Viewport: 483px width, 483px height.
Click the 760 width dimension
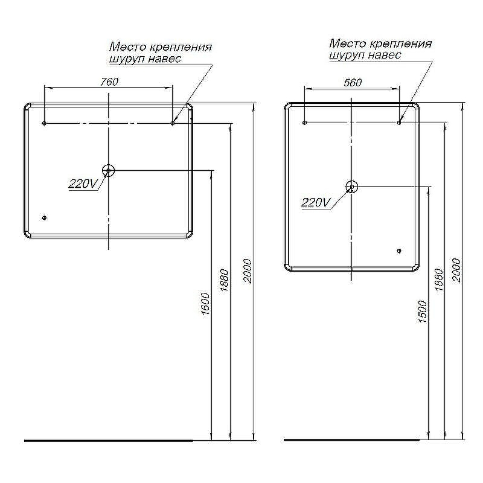(x=109, y=82)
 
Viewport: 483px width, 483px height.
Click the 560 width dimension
(x=353, y=83)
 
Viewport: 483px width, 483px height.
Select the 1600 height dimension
(x=205, y=304)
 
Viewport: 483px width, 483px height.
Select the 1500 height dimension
(x=423, y=312)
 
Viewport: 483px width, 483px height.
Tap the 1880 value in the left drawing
(x=225, y=280)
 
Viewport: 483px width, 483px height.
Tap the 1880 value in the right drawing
(x=439, y=280)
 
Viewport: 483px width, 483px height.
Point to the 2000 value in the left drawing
(x=248, y=271)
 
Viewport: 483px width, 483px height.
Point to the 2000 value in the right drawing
(x=456, y=270)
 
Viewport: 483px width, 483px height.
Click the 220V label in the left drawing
(x=83, y=184)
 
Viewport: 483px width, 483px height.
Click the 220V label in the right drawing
(x=315, y=202)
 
